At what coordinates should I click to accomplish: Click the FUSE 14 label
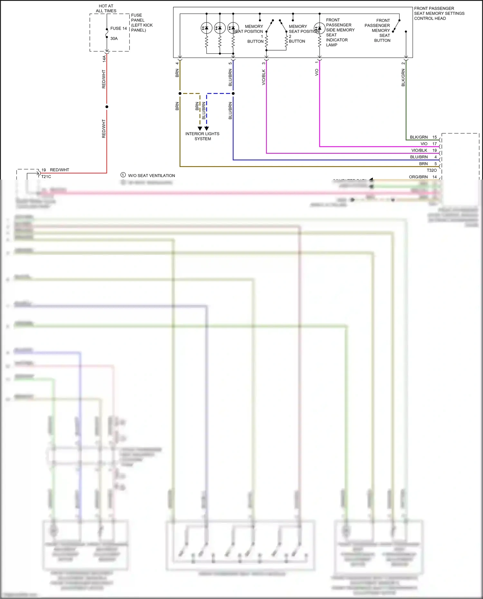[118, 28]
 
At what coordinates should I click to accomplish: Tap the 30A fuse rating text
[114, 39]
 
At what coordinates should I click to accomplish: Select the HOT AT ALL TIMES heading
[106, 8]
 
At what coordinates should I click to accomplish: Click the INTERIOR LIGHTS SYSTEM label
[202, 136]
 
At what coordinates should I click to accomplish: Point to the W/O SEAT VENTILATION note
[151, 175]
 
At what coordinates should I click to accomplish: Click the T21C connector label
[46, 176]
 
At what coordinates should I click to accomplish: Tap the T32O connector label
[431, 170]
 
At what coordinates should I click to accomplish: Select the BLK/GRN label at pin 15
[419, 137]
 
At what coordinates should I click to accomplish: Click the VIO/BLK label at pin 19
[419, 150]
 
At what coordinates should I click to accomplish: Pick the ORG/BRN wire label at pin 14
[418, 177]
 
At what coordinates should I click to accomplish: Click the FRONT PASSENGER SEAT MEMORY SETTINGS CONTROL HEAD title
[439, 14]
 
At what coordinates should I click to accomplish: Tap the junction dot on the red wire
[107, 107]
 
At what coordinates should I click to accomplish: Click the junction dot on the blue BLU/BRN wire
[233, 94]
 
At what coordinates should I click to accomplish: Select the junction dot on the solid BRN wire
[180, 94]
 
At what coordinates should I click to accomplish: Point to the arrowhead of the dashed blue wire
[207, 128]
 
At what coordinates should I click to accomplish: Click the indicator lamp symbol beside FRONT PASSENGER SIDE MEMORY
[319, 28]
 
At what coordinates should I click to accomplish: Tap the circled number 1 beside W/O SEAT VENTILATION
[123, 175]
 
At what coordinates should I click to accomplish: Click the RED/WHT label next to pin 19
[60, 170]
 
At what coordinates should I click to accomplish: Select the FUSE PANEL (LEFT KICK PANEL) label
[142, 23]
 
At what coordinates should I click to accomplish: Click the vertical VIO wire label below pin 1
[317, 72]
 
